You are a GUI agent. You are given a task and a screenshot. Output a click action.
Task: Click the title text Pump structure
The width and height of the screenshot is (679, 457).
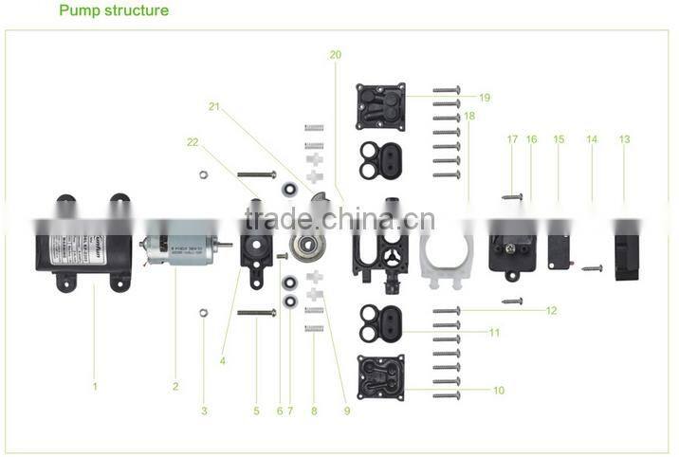[114, 11]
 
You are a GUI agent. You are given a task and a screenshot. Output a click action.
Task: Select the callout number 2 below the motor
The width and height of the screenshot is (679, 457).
[175, 386]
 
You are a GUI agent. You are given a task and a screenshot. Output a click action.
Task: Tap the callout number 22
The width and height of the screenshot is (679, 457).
[193, 141]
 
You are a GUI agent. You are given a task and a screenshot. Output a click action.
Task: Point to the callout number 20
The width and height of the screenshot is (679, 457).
[335, 55]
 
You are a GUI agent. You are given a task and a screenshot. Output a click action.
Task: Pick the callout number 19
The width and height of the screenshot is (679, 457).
[484, 98]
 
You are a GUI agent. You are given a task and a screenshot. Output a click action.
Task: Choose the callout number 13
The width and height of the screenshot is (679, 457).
[624, 139]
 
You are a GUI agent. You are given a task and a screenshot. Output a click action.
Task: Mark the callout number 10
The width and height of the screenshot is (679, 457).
[498, 390]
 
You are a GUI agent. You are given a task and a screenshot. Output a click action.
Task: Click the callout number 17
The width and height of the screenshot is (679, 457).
[512, 139]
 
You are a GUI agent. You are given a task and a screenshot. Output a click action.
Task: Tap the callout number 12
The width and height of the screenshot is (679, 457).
[551, 310]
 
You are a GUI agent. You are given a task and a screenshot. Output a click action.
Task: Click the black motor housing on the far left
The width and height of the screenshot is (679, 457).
[85, 243]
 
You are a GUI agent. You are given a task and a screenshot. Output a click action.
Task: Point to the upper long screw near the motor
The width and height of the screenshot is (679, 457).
[255, 175]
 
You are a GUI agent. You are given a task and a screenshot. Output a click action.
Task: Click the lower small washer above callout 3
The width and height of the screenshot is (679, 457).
[203, 311]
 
